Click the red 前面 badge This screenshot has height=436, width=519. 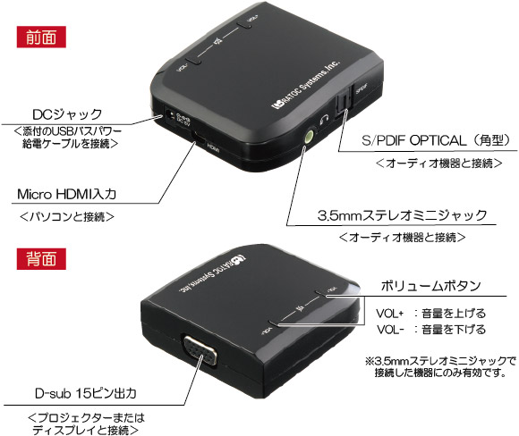(x=41, y=37)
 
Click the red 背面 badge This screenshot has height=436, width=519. (x=41, y=258)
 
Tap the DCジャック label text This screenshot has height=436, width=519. (x=67, y=114)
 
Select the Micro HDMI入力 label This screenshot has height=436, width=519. (x=66, y=194)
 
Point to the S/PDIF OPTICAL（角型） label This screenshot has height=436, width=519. (x=436, y=140)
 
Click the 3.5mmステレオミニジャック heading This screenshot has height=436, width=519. (x=402, y=215)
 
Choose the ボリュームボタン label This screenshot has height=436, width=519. (x=430, y=286)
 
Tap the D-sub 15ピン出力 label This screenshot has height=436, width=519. (x=85, y=393)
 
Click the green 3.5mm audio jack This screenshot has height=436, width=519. (x=309, y=136)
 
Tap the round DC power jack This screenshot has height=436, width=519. (x=169, y=115)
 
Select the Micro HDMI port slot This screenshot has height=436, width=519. (x=200, y=138)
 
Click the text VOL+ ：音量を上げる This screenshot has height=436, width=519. (x=430, y=313)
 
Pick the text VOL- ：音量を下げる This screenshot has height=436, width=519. (x=430, y=330)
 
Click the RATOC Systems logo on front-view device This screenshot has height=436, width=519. (x=305, y=85)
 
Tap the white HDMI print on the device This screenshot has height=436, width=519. (x=214, y=148)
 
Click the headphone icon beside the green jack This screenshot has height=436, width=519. (x=324, y=120)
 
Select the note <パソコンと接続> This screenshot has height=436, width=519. (x=67, y=216)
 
